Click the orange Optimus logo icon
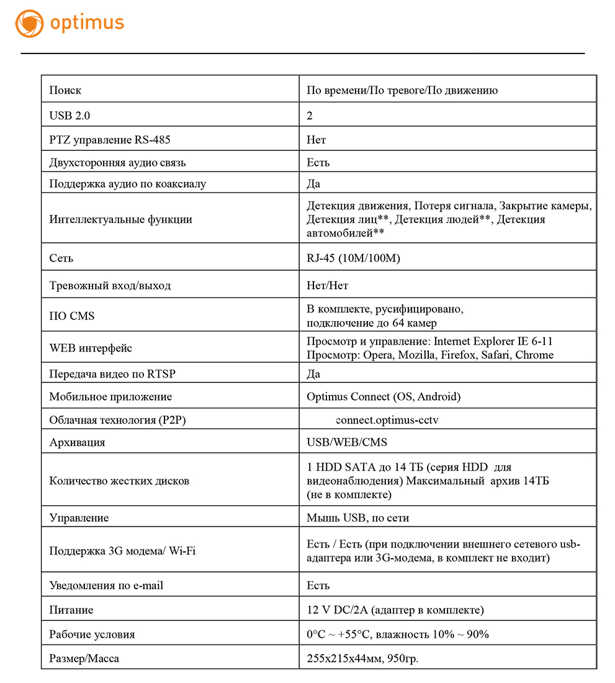(x=29, y=24)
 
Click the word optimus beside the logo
(x=88, y=24)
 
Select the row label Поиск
(x=65, y=91)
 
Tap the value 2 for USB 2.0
(x=310, y=115)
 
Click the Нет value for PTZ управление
(x=316, y=140)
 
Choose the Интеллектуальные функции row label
(x=120, y=219)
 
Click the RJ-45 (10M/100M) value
(x=353, y=258)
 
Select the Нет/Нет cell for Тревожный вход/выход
(x=327, y=286)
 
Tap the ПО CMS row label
(x=72, y=316)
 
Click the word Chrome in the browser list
(x=534, y=355)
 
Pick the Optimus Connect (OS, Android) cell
(x=384, y=397)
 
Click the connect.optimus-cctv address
(x=387, y=420)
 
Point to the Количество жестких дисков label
(x=119, y=481)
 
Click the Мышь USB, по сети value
(x=357, y=518)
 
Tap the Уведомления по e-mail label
(x=106, y=586)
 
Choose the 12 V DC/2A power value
(x=395, y=610)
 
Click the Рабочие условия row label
(x=92, y=635)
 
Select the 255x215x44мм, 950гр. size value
(x=362, y=658)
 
